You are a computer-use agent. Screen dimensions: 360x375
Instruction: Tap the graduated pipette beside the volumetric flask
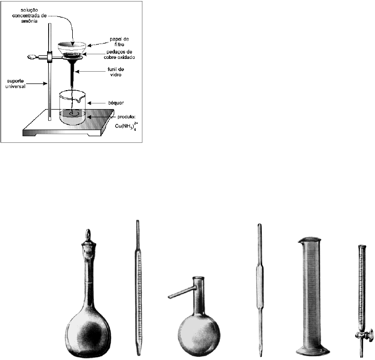pos(137,287)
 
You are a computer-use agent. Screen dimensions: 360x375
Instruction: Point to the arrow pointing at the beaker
pos(96,103)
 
